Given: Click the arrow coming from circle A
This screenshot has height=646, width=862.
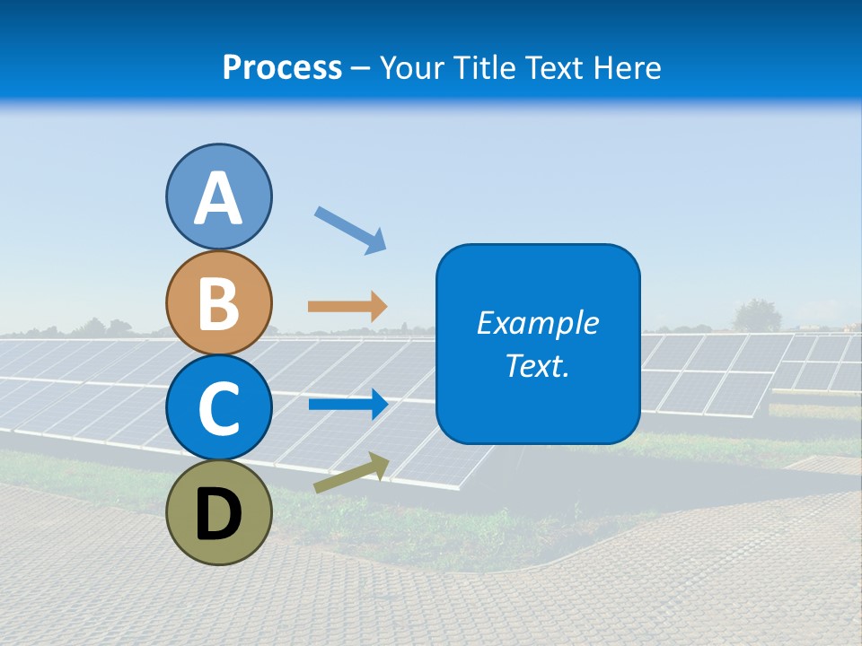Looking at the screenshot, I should (350, 230).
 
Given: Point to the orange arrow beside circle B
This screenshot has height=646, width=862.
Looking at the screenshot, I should (347, 307).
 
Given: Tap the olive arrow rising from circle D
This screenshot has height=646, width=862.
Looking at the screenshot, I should (351, 474).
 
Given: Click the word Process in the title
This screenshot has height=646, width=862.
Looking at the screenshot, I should (282, 67).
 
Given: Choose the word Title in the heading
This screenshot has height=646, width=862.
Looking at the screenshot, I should (482, 67).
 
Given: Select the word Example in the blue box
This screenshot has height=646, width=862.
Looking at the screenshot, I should (537, 323).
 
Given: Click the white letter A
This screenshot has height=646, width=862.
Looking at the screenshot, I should (218, 199).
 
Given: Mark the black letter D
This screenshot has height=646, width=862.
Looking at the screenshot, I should (218, 516).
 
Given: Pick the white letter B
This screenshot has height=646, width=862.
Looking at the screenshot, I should (218, 303).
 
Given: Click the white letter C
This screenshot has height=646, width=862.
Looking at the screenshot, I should (218, 408).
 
